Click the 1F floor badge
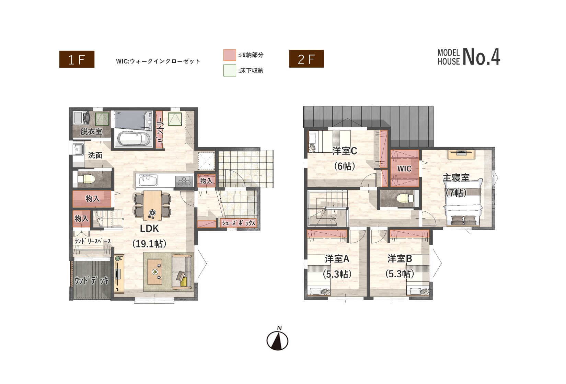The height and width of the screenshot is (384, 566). pos(77,59)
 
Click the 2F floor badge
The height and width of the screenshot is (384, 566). pos(306,59)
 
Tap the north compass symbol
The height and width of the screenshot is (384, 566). pos(277,339)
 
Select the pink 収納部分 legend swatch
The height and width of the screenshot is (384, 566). pos(230,55)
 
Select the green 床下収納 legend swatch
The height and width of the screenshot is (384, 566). pos(230,70)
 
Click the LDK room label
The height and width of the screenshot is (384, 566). pos(149,229)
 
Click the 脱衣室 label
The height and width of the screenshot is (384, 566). pos(91,132)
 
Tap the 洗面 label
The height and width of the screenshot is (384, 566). pos(95,155)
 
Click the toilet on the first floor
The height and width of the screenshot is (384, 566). pos(86,179)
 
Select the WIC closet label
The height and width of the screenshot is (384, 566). pos(404,168)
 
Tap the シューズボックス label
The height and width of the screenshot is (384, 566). pos(239,223)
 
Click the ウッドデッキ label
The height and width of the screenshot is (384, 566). pos(91,280)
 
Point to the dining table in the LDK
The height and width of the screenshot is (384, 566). pos(153,206)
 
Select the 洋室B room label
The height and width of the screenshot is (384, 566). pos(400,259)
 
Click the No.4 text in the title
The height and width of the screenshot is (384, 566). pos(481,57)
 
